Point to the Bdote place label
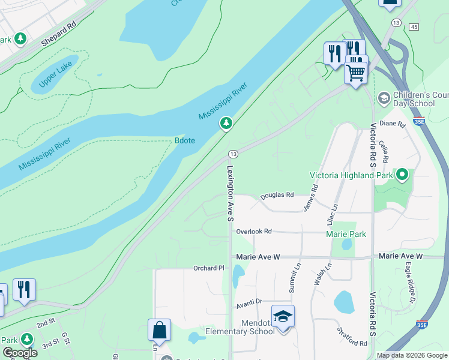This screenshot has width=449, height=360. point(184,140)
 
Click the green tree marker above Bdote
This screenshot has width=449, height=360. point(226,124)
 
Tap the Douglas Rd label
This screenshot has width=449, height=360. point(277,195)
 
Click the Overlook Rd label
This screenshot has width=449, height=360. point(254,231)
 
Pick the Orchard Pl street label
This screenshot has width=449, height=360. point(208,268)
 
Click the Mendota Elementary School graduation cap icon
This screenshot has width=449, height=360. point(283,316)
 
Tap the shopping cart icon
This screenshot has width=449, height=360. point(355,73)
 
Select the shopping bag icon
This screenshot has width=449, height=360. point(159,329)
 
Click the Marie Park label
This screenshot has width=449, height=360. point(346,233)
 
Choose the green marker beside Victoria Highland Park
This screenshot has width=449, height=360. point(402,176)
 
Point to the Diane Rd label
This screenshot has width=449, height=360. point(393,124)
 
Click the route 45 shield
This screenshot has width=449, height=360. point(413,27)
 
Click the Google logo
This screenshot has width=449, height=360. point(19,353)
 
